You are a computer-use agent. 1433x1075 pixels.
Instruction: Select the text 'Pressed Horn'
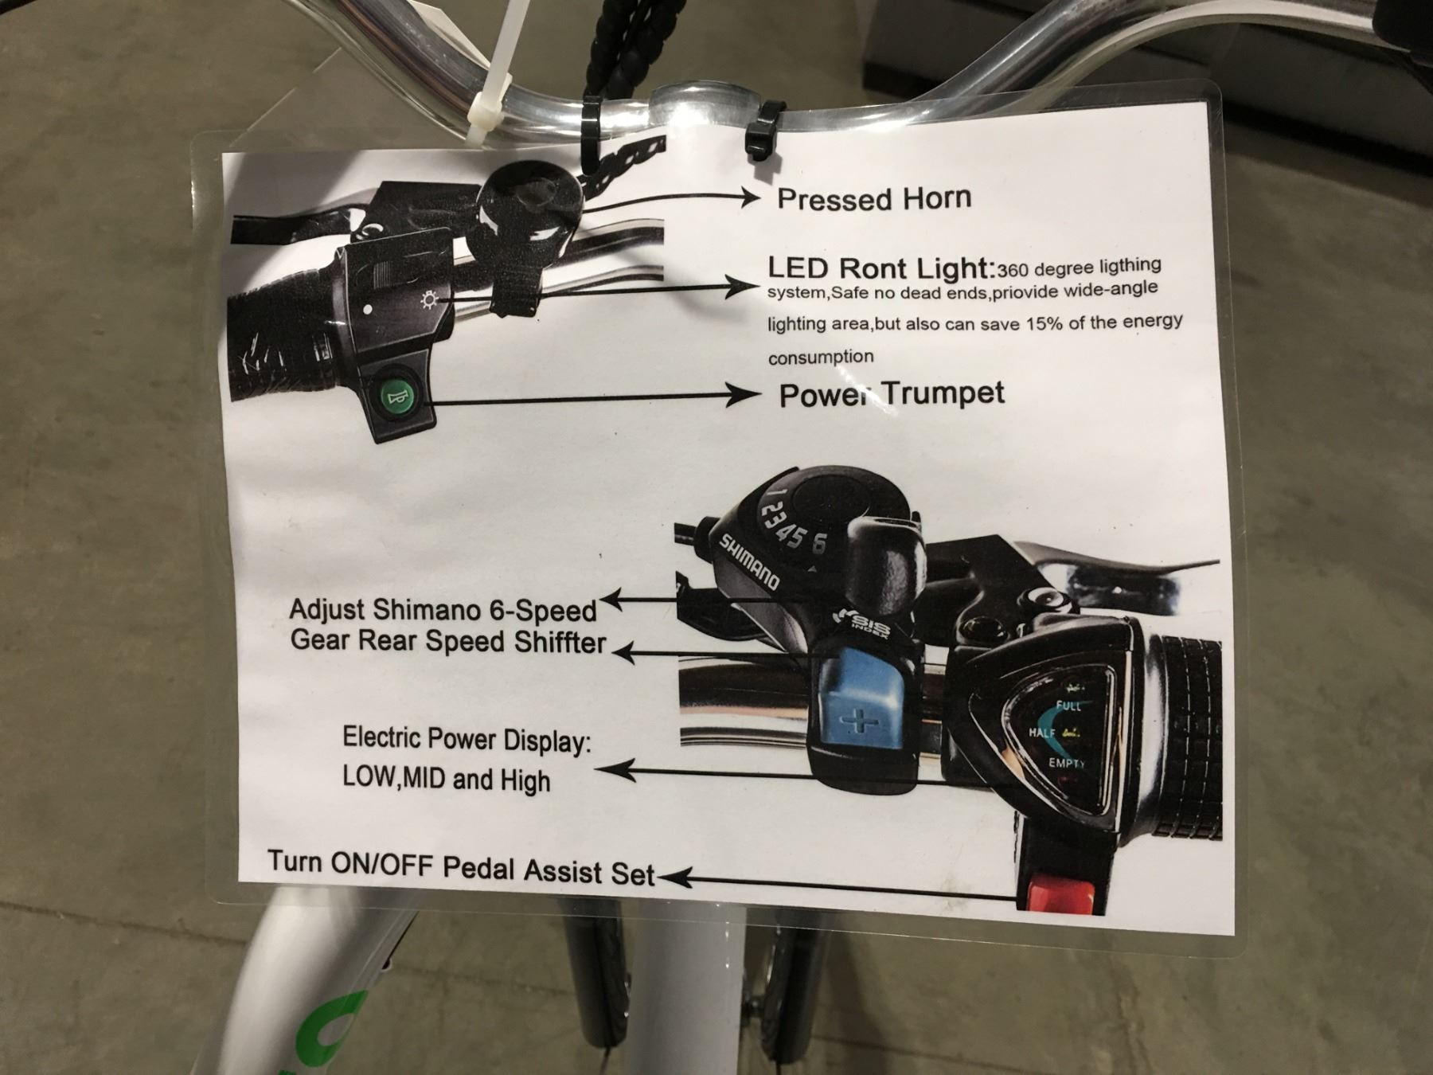point(874,198)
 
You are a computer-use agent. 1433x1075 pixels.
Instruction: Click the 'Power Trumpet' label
point(892,393)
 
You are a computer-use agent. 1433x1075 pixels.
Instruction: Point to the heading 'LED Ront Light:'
point(881,268)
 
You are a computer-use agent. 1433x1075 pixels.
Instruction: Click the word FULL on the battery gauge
point(1068,706)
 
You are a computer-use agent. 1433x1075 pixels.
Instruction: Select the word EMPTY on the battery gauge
point(1067,763)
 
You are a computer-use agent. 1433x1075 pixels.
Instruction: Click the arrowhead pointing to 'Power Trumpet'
point(744,395)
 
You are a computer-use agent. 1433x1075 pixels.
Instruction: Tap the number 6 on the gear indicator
point(819,544)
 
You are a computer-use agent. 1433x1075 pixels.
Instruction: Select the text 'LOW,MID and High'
point(446,778)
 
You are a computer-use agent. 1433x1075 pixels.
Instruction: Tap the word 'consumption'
point(821,357)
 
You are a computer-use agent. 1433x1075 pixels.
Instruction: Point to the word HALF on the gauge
point(1042,733)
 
